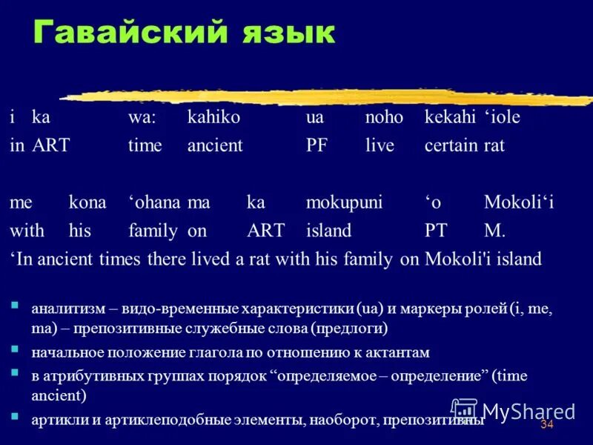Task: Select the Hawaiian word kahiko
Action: point(214,117)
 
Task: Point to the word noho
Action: point(384,117)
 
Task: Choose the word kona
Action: point(87,202)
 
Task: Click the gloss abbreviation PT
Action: point(436,231)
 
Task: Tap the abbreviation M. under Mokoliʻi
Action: point(494,231)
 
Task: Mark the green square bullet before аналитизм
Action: point(15,304)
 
